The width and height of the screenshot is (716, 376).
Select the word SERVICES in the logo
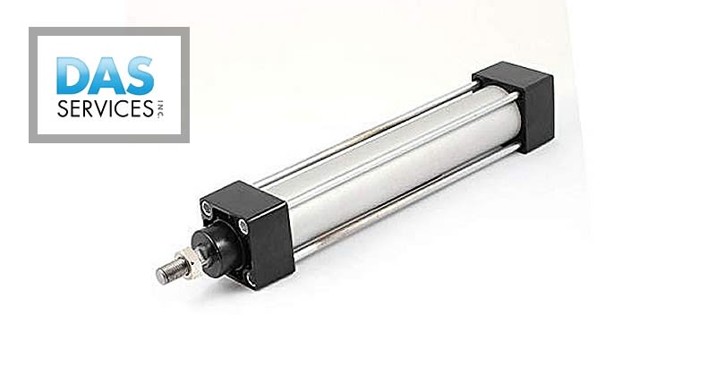point(100,109)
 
